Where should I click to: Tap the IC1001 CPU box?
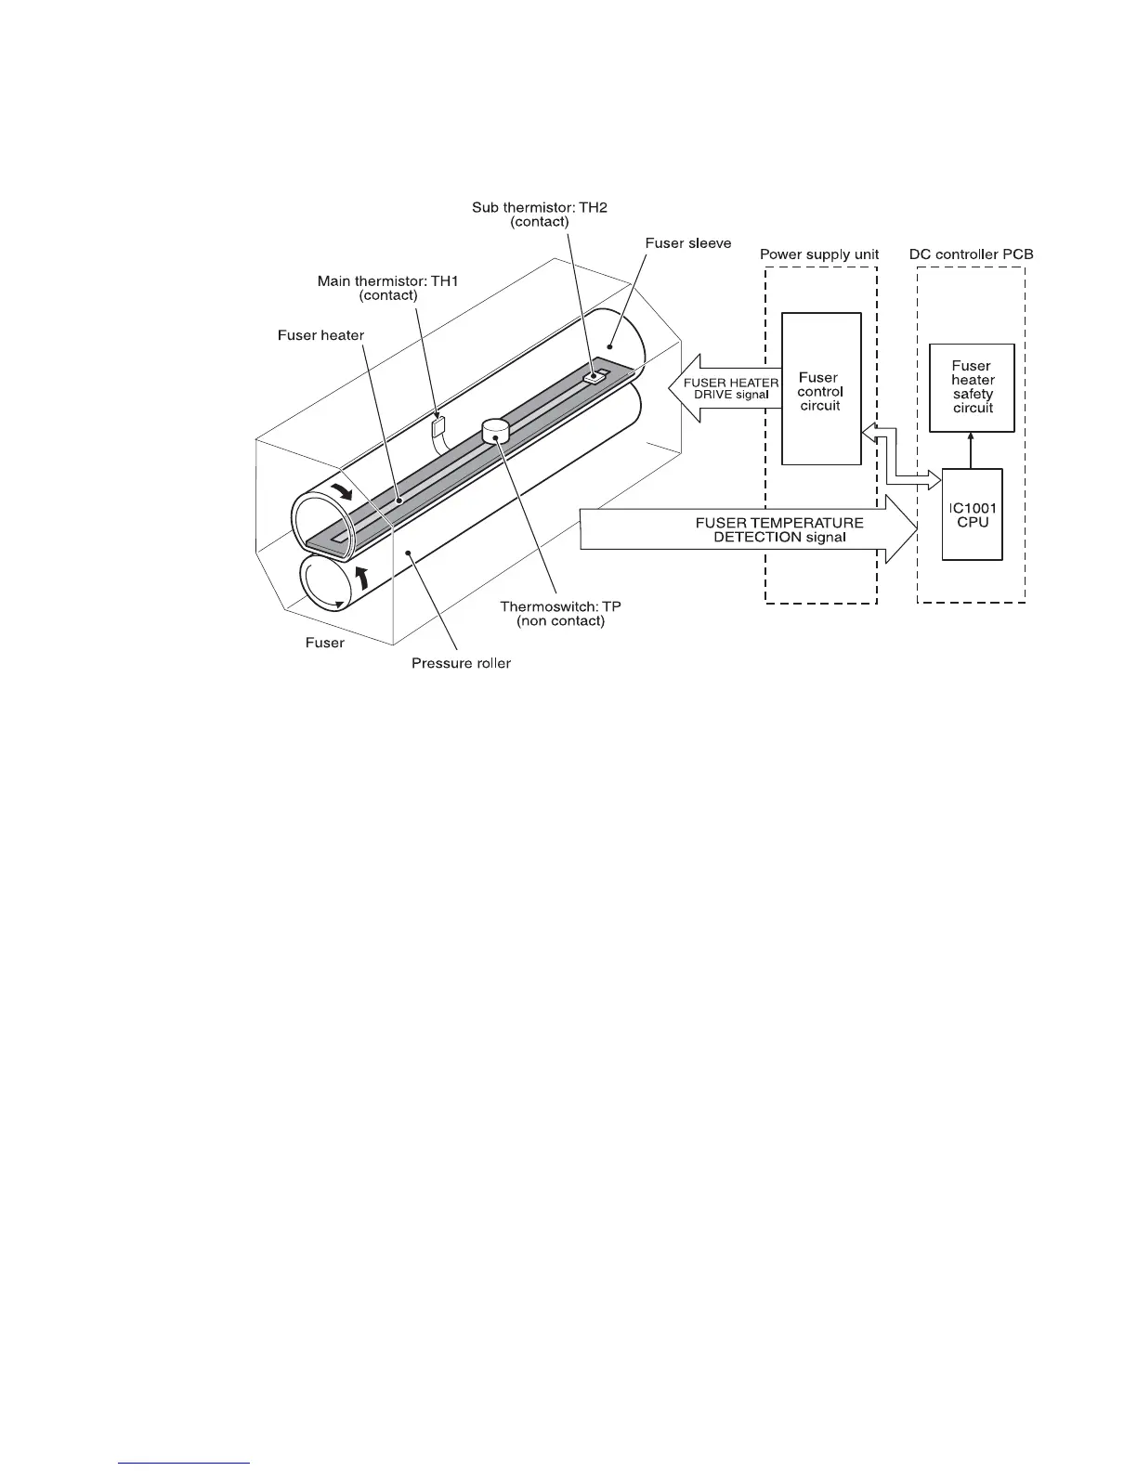tap(972, 514)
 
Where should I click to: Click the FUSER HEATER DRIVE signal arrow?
tap(725, 389)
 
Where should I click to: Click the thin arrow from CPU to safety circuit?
tap(972, 450)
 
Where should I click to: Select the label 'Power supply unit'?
tap(819, 254)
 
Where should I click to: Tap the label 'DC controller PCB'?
tap(971, 254)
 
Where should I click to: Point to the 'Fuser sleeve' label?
tap(688, 243)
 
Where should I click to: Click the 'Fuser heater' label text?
tap(320, 335)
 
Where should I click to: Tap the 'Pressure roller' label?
tap(461, 663)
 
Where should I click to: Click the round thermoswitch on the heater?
tap(496, 430)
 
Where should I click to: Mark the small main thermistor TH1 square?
tap(439, 426)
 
